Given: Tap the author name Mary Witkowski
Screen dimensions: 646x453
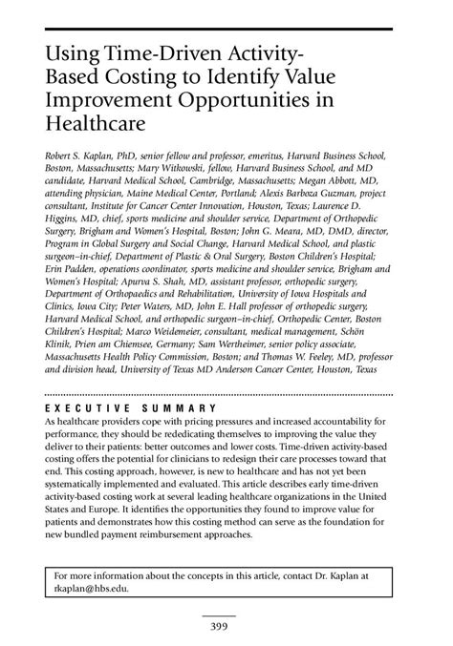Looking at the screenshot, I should pyautogui.click(x=149, y=169).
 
